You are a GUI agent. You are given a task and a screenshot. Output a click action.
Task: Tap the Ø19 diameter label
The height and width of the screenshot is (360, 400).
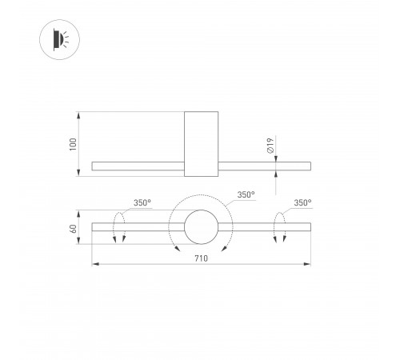tap(270, 146)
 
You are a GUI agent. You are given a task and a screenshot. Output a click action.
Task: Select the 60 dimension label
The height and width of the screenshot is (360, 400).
tap(74, 229)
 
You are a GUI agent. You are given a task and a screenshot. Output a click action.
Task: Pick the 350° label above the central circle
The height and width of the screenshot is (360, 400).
tap(246, 194)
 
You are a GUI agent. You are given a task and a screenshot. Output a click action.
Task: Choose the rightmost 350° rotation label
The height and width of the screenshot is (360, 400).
tap(302, 203)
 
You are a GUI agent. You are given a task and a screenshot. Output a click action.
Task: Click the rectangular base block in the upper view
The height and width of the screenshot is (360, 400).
tap(201, 143)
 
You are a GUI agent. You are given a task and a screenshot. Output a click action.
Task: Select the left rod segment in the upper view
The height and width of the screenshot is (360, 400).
tap(138, 166)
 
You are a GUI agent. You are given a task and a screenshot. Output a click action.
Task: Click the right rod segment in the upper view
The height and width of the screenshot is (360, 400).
tap(264, 166)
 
